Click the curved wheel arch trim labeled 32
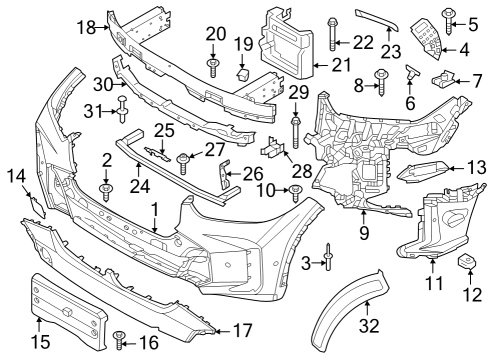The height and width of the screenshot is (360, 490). coord(348,308)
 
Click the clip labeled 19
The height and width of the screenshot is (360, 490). coord(241,74)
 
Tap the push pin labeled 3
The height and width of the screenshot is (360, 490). coord(328,262)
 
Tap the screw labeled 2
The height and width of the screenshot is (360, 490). coord(106,188)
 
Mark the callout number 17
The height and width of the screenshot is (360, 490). coord(243,329)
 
